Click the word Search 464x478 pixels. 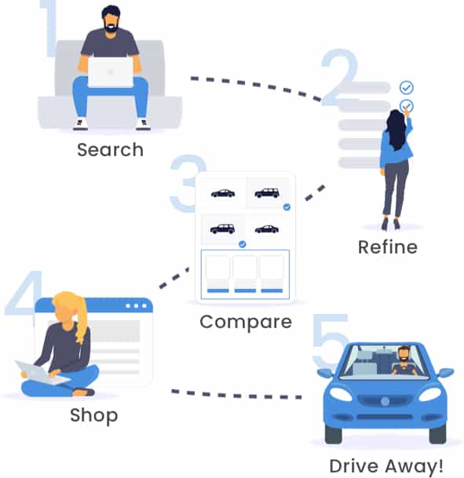(x=110, y=150)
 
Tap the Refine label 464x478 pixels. (x=388, y=247)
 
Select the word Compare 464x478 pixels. (x=246, y=323)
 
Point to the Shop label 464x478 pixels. (x=94, y=416)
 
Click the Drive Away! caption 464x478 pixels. (x=386, y=466)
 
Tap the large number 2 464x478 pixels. (x=339, y=77)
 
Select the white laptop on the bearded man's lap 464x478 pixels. (x=111, y=72)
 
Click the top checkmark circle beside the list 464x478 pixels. (x=407, y=87)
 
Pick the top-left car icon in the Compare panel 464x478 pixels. (x=223, y=193)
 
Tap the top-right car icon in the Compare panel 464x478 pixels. (x=267, y=193)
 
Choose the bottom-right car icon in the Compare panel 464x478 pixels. (x=267, y=229)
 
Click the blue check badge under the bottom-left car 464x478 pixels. (x=243, y=244)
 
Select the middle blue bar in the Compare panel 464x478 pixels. (x=245, y=290)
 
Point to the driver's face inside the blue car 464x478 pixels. (x=404, y=354)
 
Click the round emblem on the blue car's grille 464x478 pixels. (x=385, y=402)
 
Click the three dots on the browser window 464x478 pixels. (x=136, y=306)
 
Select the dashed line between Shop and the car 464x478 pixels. (x=236, y=395)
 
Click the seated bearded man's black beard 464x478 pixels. (x=111, y=27)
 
